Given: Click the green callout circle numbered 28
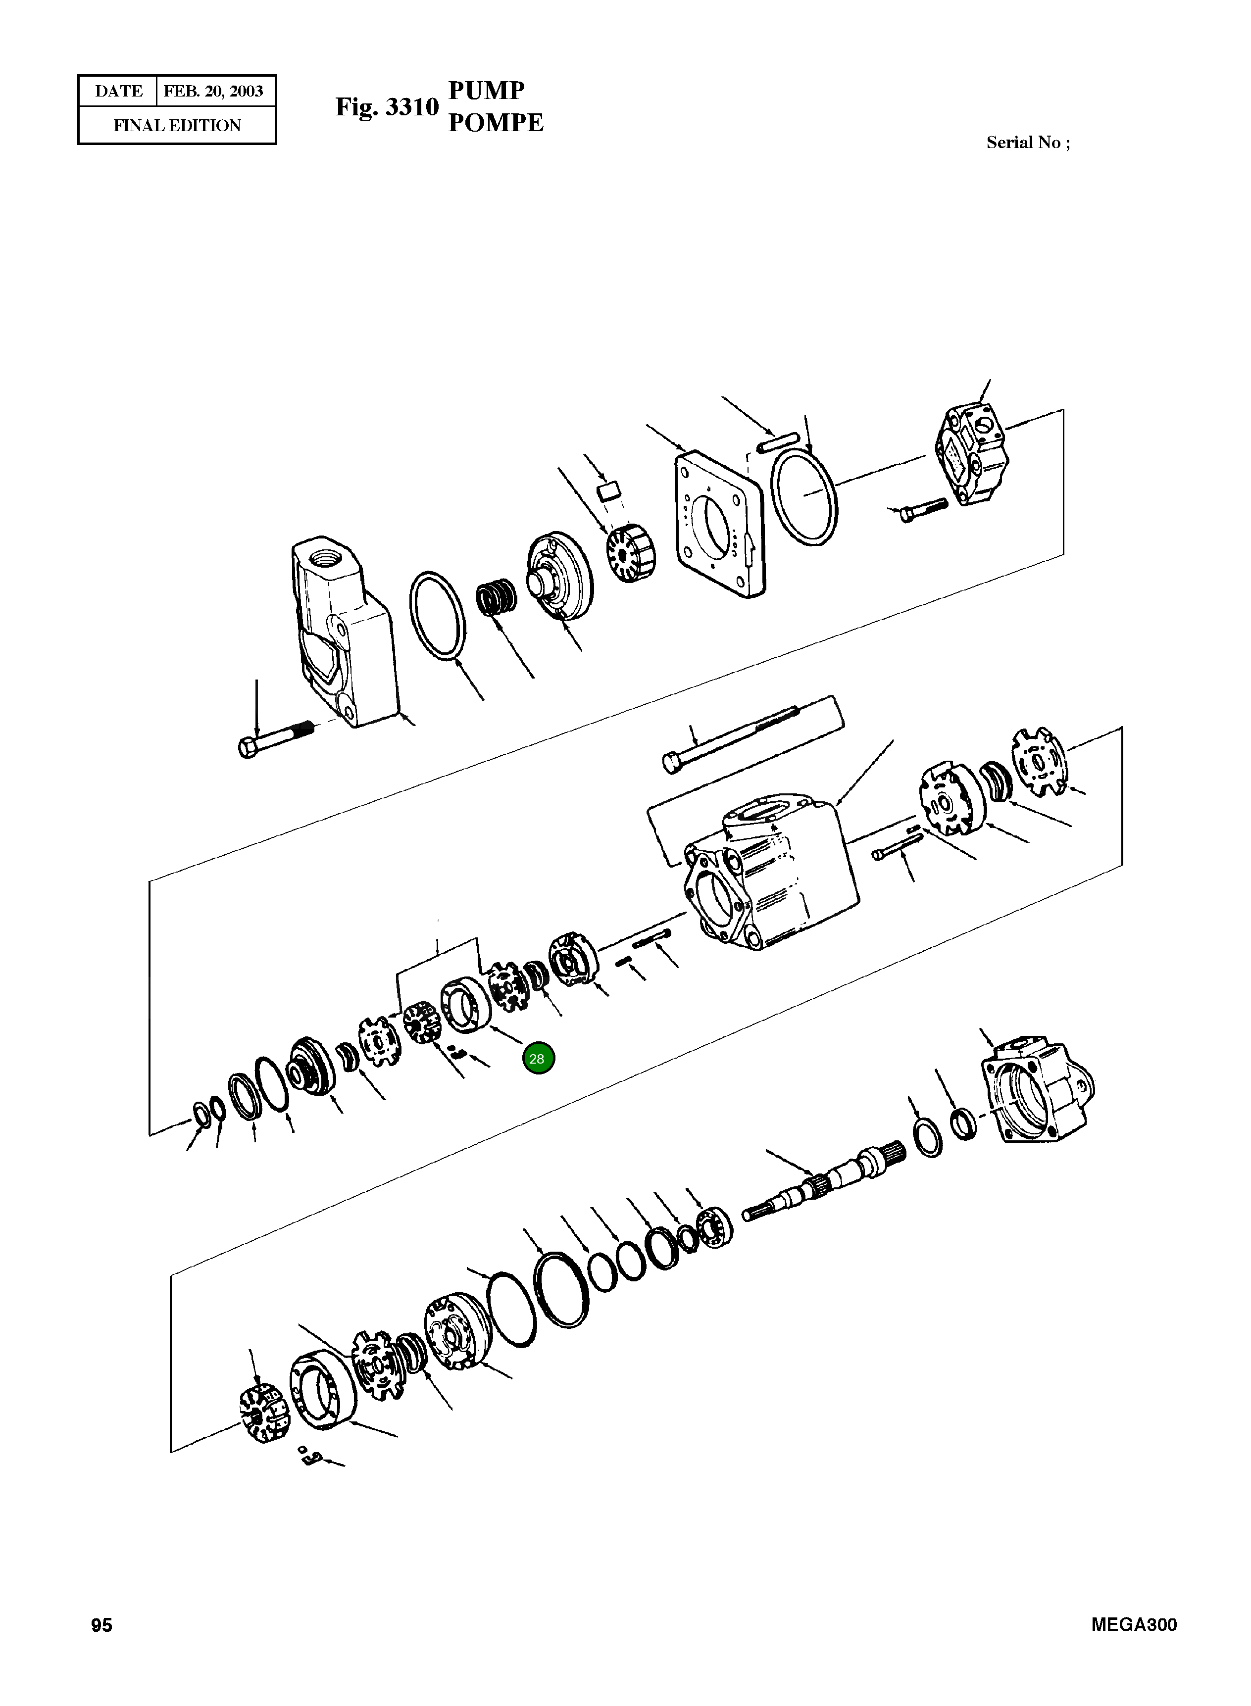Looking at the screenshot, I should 537,1058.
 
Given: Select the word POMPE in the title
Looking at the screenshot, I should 496,123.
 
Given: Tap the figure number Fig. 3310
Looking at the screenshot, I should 387,107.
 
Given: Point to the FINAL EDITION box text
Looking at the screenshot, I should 177,126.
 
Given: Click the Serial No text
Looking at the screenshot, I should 1028,143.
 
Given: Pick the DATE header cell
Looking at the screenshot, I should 118,92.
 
